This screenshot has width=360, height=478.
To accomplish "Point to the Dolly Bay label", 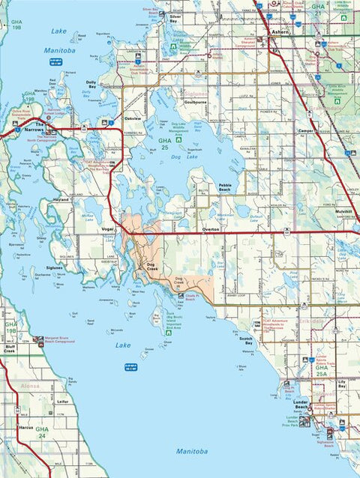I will coord(91,85).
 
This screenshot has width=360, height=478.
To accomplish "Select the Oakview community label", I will coord(133,118).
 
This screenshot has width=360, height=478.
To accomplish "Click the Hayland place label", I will coord(60,201).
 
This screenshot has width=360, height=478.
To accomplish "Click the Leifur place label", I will coord(63,401).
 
